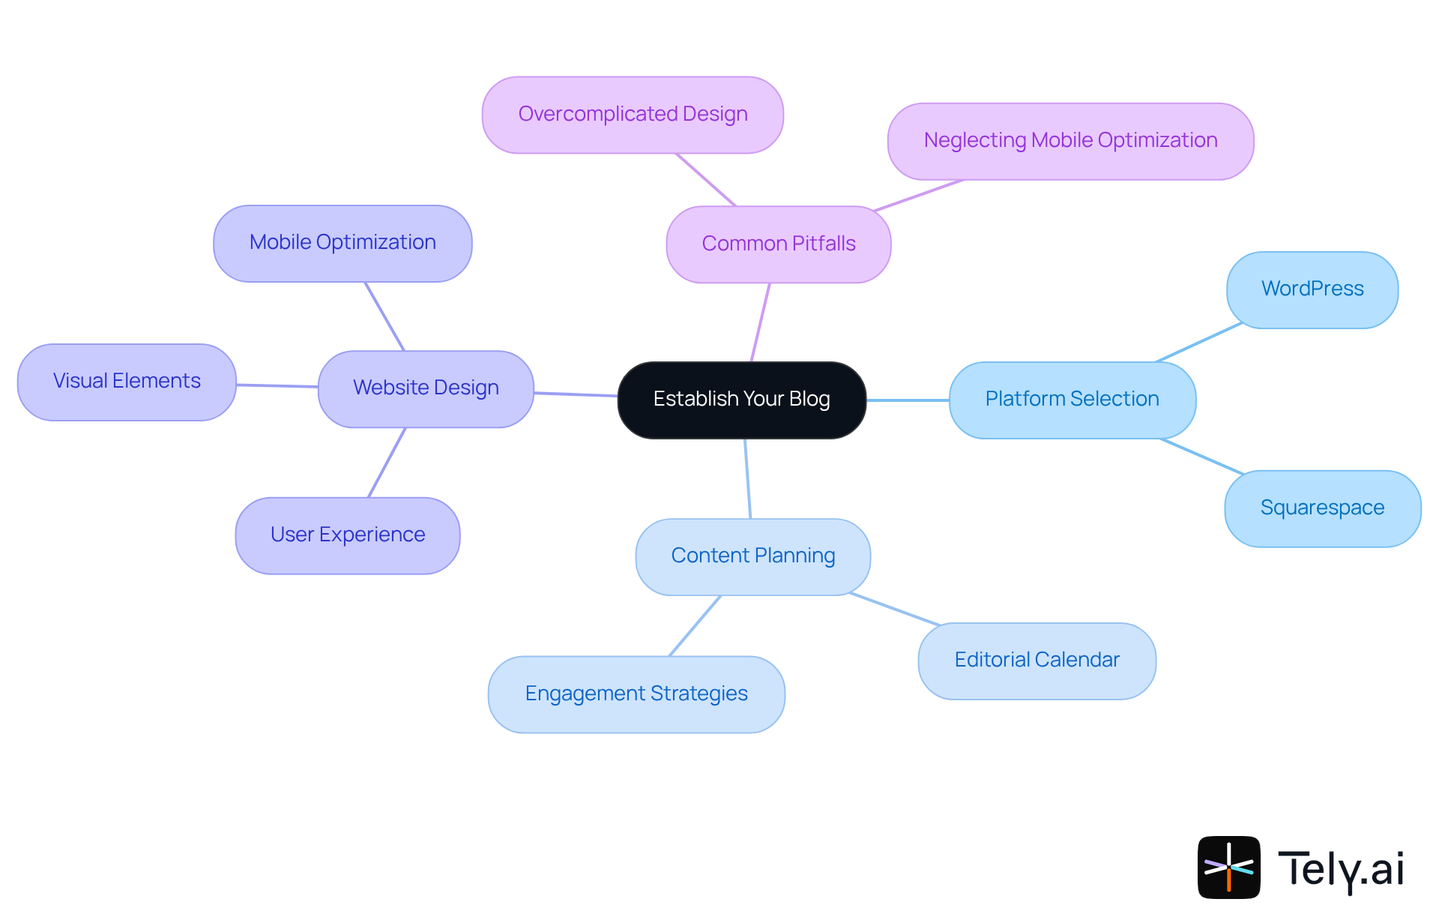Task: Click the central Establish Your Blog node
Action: [x=741, y=400]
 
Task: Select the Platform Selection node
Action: [x=1072, y=400]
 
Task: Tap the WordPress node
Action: [x=1312, y=289]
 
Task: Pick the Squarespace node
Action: [x=1322, y=508]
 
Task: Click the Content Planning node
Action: [x=752, y=556]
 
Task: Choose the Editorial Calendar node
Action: [x=1037, y=661]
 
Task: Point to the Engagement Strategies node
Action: [x=636, y=694]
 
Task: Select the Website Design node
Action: [x=426, y=388]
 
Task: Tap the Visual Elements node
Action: [x=127, y=382]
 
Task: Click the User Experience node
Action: [x=348, y=535]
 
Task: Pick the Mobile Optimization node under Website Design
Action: [x=343, y=243]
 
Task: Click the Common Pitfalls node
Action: [x=778, y=244]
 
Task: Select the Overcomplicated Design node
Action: [x=633, y=115]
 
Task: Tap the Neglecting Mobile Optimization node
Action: [x=1070, y=141]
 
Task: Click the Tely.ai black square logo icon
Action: [x=1228, y=867]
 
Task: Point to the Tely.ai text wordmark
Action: [x=1341, y=869]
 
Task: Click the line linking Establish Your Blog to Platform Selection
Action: [x=908, y=400]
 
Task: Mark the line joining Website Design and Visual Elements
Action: [x=277, y=386]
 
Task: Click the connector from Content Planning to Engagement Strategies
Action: [x=695, y=626]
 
